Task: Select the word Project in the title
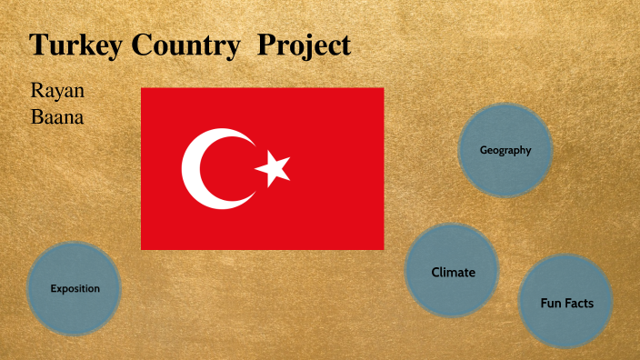coord(304,45)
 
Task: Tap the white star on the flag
coord(272,168)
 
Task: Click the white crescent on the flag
coord(211,168)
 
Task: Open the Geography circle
coord(505,150)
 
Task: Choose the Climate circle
coord(453,271)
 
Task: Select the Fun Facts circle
coord(566,302)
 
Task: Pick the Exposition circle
coord(75,288)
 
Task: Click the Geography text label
coord(505,150)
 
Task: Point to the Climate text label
coord(453,272)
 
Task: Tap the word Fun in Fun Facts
coord(552,303)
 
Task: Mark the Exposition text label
coord(75,288)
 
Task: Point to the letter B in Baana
coord(36,117)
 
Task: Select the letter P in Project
coord(265,45)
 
